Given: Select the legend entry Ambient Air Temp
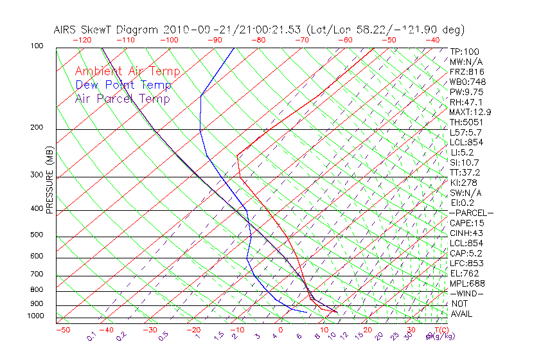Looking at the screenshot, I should [127, 72].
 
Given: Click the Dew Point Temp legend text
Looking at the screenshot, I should [123, 85].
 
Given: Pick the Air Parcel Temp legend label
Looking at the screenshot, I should [123, 99].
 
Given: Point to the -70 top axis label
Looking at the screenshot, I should [301, 40].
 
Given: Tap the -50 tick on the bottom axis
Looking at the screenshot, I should [62, 330].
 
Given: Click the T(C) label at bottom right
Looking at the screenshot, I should [440, 330].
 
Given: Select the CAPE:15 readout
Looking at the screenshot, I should [466, 223].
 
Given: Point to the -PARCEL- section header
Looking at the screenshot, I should [472, 213].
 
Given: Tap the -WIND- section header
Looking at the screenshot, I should [467, 293].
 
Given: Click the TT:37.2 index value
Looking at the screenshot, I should [466, 172].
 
